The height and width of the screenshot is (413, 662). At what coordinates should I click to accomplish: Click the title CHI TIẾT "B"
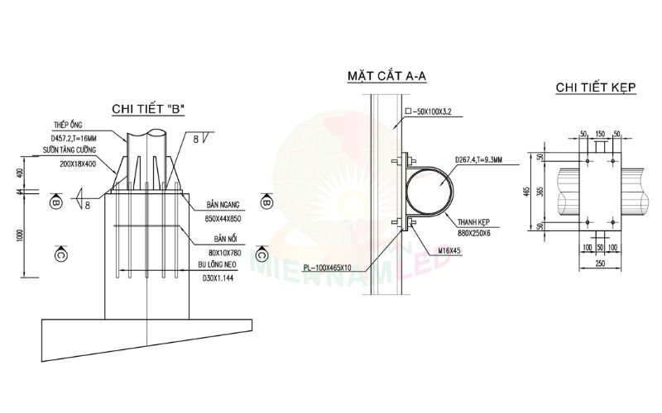(147, 109)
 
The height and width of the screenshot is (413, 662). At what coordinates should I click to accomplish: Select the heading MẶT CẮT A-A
(387, 78)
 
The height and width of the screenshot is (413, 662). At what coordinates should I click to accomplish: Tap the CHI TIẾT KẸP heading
(594, 87)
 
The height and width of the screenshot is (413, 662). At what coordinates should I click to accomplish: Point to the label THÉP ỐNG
(65, 125)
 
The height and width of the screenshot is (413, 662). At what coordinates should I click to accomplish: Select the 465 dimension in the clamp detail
(526, 192)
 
